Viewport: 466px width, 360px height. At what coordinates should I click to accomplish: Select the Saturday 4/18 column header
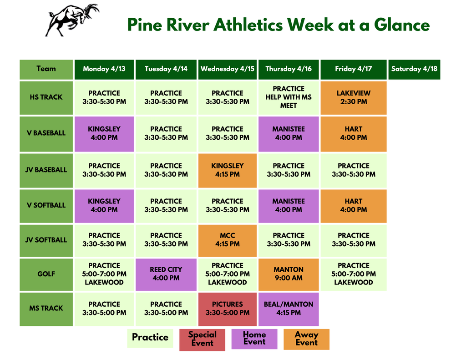pos(414,69)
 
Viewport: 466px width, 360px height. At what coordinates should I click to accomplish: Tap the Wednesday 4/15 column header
pos(228,69)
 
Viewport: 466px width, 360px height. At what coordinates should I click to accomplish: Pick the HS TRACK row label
pos(46,97)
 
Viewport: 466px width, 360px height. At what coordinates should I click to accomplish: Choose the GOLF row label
pos(46,274)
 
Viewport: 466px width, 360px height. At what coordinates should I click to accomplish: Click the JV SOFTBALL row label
pos(46,240)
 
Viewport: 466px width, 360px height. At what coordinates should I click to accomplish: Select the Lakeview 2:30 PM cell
pos(354,97)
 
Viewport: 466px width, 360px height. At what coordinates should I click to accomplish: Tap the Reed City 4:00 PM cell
pos(166,274)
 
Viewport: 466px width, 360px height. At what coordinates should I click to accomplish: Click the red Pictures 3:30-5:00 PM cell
pos(228,309)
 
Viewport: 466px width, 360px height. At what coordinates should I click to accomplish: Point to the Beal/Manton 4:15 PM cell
pos(289,309)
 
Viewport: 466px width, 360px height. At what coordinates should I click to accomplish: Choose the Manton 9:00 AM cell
pos(289,274)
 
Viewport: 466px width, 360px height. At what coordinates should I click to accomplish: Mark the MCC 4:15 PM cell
pos(228,240)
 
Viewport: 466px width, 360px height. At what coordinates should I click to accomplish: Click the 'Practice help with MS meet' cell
pos(289,97)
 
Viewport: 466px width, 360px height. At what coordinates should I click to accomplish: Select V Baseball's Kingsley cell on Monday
pos(104,133)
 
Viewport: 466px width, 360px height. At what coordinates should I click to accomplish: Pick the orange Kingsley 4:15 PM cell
pos(228,170)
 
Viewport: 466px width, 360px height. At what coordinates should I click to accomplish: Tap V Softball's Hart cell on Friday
pos(354,205)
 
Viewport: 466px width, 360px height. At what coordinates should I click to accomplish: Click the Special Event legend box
pos(202,339)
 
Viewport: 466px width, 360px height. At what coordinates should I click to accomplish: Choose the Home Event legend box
pos(254,339)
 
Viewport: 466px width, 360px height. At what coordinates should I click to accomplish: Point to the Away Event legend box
pos(306,339)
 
